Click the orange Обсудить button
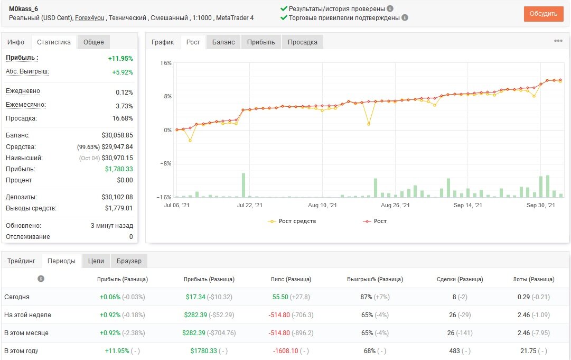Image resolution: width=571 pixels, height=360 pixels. [x=544, y=14]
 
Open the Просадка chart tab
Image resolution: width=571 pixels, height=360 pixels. [x=302, y=42]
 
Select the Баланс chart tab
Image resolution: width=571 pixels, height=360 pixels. [x=223, y=42]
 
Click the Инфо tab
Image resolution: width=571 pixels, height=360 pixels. [x=16, y=42]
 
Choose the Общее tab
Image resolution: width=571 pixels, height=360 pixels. [x=93, y=42]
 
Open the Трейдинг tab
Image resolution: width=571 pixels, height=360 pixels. [x=21, y=261]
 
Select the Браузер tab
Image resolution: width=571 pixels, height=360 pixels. [x=129, y=261]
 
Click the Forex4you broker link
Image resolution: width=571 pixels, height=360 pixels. [x=90, y=18]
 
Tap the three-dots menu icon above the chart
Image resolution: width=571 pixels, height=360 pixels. [x=558, y=41]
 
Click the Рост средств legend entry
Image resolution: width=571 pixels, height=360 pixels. [x=292, y=221]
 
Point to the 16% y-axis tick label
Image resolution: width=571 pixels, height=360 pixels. [x=166, y=63]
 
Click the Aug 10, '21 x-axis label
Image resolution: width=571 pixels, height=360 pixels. [x=322, y=205]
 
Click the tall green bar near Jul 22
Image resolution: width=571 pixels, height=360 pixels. [x=244, y=185]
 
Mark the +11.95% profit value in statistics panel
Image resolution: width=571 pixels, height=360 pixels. [x=120, y=59]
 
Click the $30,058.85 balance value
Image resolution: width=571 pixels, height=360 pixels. [x=117, y=135]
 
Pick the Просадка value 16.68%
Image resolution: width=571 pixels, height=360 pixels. [x=123, y=118]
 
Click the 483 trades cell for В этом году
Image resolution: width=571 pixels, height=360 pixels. [x=454, y=351]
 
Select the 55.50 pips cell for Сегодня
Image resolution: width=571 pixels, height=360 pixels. [x=280, y=297]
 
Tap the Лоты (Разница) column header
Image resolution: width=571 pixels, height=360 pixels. [x=533, y=279]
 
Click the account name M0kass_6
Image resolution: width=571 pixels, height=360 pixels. [x=23, y=9]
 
